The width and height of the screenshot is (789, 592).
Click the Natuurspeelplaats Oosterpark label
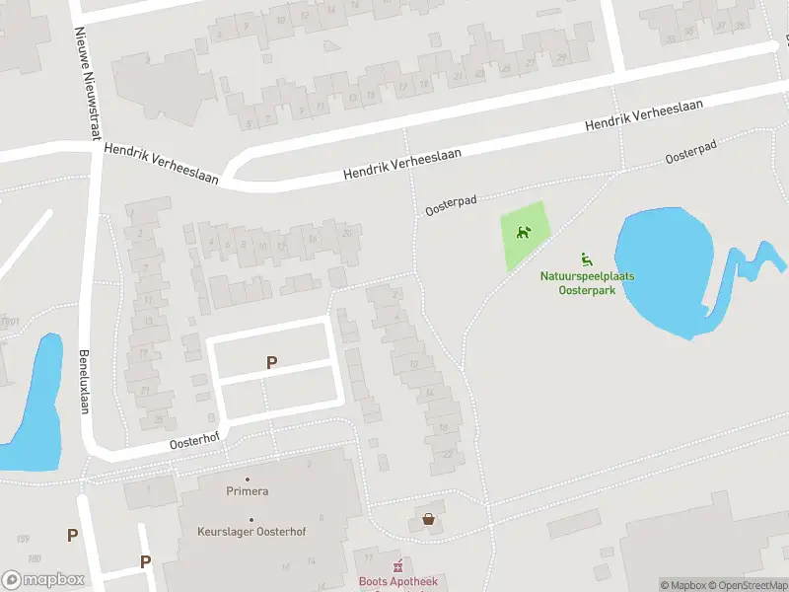pos(587,283)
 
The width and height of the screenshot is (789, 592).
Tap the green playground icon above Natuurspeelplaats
pos(586,259)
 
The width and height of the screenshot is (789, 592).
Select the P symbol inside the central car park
pos(271,363)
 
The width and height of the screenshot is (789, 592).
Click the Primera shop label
pos(247,491)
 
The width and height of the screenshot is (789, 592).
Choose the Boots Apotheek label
pos(397,582)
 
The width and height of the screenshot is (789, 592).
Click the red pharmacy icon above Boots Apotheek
pos(398,566)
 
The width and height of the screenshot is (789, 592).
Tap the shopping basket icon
pos(429,519)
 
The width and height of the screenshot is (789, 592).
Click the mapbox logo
pos(43,579)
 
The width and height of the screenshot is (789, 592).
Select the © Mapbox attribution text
pos(684,585)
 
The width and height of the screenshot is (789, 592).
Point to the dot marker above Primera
pos(247,479)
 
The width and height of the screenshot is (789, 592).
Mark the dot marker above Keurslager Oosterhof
pos(251,520)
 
